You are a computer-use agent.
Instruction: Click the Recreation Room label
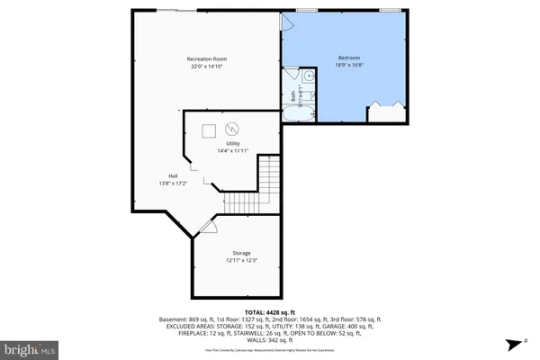[206, 59]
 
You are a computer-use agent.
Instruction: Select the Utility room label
[232, 144]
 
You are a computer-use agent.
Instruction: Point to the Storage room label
[240, 254]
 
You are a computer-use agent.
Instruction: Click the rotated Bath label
[293, 92]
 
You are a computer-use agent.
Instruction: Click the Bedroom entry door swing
[290, 22]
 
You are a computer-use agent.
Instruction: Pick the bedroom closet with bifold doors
[385, 113]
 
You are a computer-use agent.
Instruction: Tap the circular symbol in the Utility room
[231, 128]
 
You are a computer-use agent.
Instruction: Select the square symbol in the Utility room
[209, 129]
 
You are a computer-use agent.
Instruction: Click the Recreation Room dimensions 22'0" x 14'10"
[206, 67]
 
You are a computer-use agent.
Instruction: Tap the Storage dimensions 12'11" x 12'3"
[240, 261]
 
